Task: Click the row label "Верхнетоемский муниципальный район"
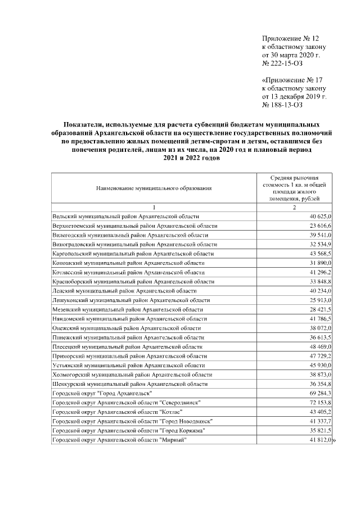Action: tap(134, 226)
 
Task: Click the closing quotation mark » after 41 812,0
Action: tap(334, 440)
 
